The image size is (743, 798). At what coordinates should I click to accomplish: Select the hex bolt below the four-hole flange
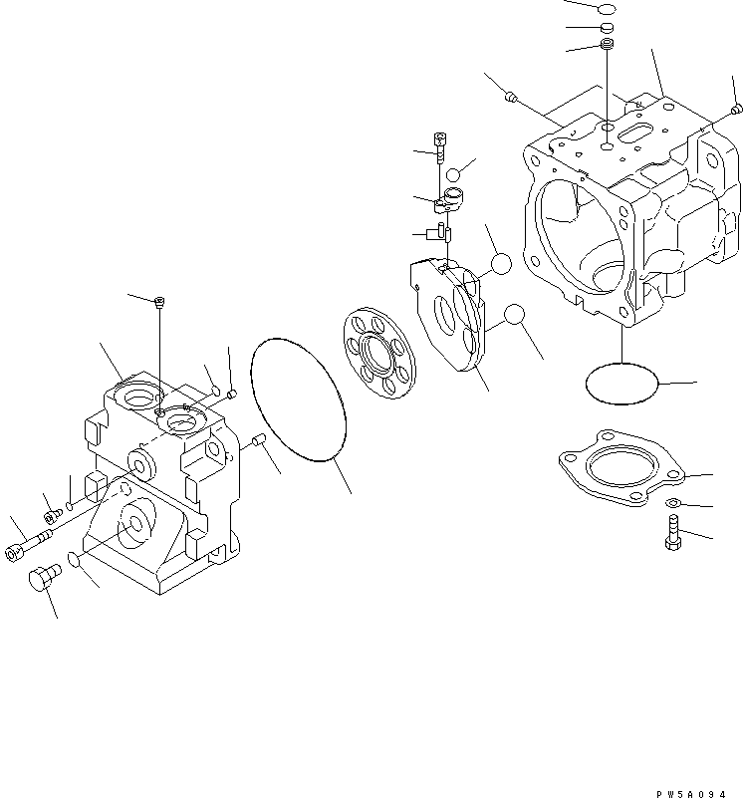pos(670,534)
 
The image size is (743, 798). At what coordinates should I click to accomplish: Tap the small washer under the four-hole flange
pos(673,503)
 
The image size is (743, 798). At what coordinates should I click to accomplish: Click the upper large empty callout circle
pos(500,263)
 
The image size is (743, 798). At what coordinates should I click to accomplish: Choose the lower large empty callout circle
pos(513,316)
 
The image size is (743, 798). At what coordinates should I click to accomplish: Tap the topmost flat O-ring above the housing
pos(607,9)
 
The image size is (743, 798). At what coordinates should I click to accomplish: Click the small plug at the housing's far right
pos(735,109)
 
